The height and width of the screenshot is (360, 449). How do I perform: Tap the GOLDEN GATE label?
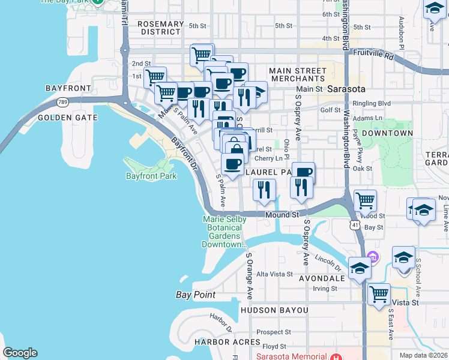click(67, 118)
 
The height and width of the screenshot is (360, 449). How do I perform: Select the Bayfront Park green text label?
click(151, 176)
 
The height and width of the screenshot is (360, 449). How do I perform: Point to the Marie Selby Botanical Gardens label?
click(224, 232)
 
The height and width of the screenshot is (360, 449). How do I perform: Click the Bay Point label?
click(196, 295)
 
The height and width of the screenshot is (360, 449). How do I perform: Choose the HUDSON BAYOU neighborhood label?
click(274, 310)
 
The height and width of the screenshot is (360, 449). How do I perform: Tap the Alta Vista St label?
click(274, 274)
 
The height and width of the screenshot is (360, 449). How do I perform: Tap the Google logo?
click(20, 353)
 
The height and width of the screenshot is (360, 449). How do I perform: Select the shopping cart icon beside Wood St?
click(365, 201)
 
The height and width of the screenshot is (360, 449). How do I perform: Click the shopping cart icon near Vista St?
click(379, 295)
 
